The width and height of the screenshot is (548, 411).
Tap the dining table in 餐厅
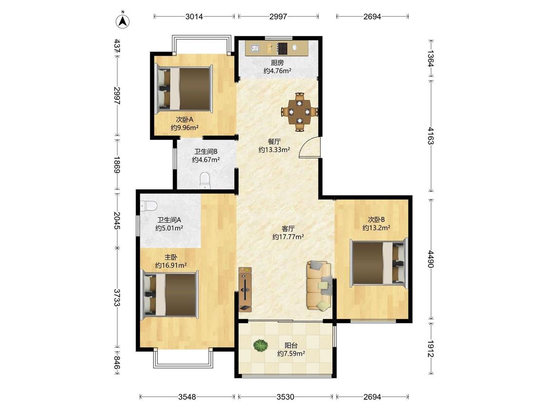(x=300, y=112)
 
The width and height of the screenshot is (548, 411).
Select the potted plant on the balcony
(x=261, y=345)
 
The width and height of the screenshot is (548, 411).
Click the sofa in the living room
(x=319, y=285)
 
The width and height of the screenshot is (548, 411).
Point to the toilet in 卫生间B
(x=205, y=181)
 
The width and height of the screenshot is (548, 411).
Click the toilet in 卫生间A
(x=148, y=205)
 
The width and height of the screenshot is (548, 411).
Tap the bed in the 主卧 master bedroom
(x=170, y=295)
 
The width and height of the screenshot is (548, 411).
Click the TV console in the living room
(x=245, y=289)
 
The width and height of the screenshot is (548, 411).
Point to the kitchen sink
(x=254, y=48)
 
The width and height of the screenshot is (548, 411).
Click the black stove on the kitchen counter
(x=282, y=48)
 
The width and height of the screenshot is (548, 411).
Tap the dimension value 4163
(x=431, y=136)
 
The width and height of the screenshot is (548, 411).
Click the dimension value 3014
(x=194, y=17)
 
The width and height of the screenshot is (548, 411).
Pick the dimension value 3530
(x=285, y=397)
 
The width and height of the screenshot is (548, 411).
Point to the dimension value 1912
(x=431, y=349)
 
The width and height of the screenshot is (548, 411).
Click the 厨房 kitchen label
(x=277, y=63)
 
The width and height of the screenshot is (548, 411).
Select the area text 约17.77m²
(x=288, y=237)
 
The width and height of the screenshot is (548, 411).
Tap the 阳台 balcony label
(x=291, y=345)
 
